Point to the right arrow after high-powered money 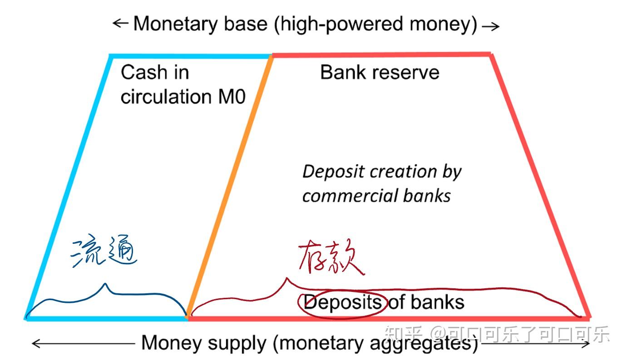pyautogui.click(x=490, y=26)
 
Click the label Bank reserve pyautogui.click(x=380, y=73)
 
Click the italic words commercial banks pyautogui.click(x=376, y=196)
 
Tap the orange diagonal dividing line pyautogui.click(x=232, y=182)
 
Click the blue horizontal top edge pyautogui.click(x=191, y=56)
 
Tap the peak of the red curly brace pyautogui.click(x=286, y=279)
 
